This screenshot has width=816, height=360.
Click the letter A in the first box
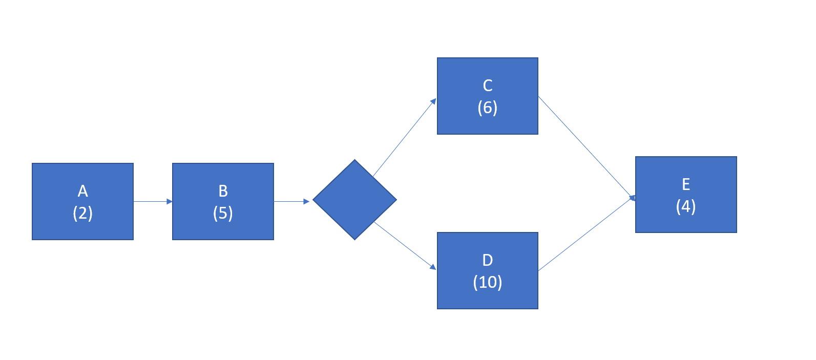pyautogui.click(x=82, y=191)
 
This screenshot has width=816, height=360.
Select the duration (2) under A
pyautogui.click(x=82, y=213)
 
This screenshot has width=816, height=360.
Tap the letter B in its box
pyautogui.click(x=223, y=191)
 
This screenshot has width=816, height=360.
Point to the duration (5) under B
pyautogui.click(x=223, y=213)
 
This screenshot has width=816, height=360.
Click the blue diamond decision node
pyautogui.click(x=354, y=200)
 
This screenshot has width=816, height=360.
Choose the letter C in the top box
pyautogui.click(x=487, y=86)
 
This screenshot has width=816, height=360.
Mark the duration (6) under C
pyautogui.click(x=487, y=108)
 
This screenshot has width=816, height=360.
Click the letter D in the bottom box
pyautogui.click(x=487, y=260)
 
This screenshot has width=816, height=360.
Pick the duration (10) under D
pyautogui.click(x=487, y=282)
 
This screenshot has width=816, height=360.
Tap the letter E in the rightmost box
pyautogui.click(x=686, y=184)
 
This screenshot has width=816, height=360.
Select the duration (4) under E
pyautogui.click(x=686, y=206)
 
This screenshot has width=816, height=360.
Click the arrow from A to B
pyautogui.click(x=153, y=201)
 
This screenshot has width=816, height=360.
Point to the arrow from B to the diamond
pyautogui.click(x=291, y=201)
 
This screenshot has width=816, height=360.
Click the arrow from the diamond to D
pyautogui.click(x=405, y=245)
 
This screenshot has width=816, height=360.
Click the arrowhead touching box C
pyautogui.click(x=433, y=101)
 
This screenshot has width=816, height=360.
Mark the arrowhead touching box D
pyautogui.click(x=433, y=267)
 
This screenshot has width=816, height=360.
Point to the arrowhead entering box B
pyautogui.click(x=169, y=201)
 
